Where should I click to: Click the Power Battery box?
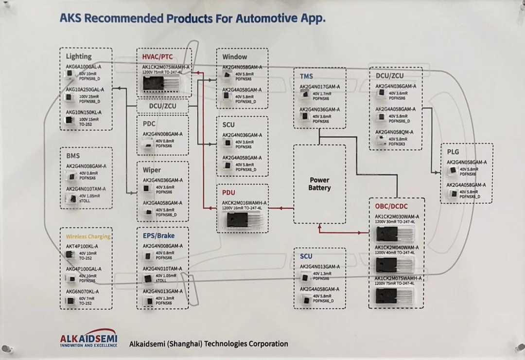[x=319, y=184]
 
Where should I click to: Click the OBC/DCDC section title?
[x=392, y=205]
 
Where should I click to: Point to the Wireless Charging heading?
[x=88, y=236]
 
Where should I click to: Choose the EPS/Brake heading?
[x=158, y=236]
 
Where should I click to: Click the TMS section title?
[x=306, y=76]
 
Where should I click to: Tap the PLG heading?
[x=453, y=152]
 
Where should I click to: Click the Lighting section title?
[x=78, y=57]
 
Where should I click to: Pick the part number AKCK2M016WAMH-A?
[x=245, y=202]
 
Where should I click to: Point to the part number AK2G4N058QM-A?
[x=394, y=132]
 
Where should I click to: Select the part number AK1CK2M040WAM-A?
[x=396, y=248]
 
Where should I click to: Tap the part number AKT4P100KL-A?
[x=82, y=247]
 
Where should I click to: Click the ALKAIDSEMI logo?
[x=88, y=340]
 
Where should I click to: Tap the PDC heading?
[x=149, y=124]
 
